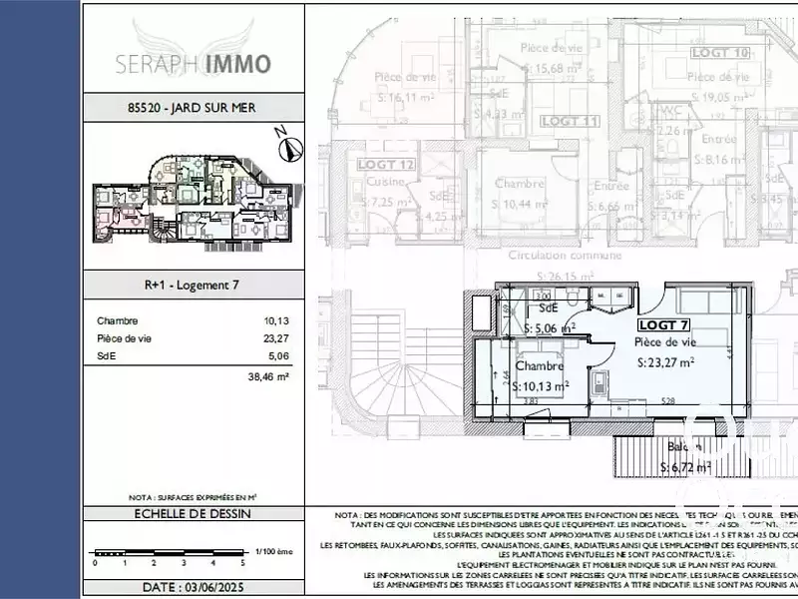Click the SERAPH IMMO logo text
coord(192,63)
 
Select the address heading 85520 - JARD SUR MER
coord(191,107)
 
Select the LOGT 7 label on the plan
coord(663,324)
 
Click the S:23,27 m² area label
coord(665,363)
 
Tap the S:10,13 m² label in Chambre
coord(542,384)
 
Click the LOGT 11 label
coord(569,121)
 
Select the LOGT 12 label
coord(380,164)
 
